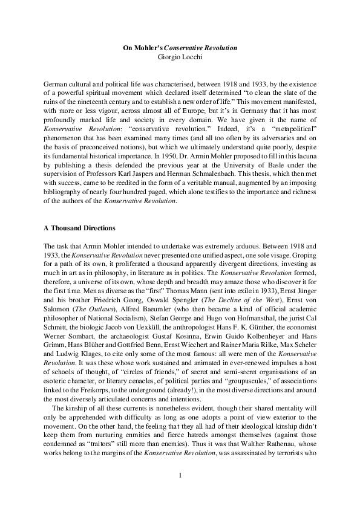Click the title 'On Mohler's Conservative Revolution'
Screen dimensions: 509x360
(x=180, y=47)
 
